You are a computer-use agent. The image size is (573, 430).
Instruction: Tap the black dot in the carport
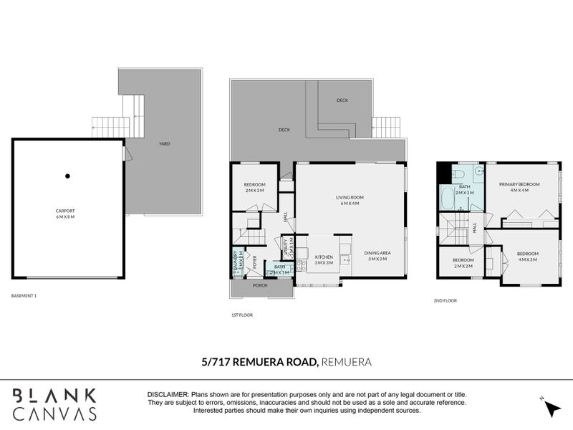tap(67, 176)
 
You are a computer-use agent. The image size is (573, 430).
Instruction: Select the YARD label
tap(164, 144)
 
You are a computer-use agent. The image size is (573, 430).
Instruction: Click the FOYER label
tap(254, 262)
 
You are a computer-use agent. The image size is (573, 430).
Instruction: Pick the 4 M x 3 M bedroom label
tap(528, 256)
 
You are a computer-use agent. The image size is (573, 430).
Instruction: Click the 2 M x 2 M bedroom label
tap(463, 262)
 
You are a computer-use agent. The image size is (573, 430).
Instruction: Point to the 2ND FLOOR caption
tap(445, 300)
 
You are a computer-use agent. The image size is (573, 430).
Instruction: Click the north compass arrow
tap(551, 408)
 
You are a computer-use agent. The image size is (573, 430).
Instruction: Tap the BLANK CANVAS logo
tap(54, 404)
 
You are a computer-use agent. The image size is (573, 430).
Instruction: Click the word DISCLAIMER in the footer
tap(168, 395)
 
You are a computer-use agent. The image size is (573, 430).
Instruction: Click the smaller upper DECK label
tap(342, 100)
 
